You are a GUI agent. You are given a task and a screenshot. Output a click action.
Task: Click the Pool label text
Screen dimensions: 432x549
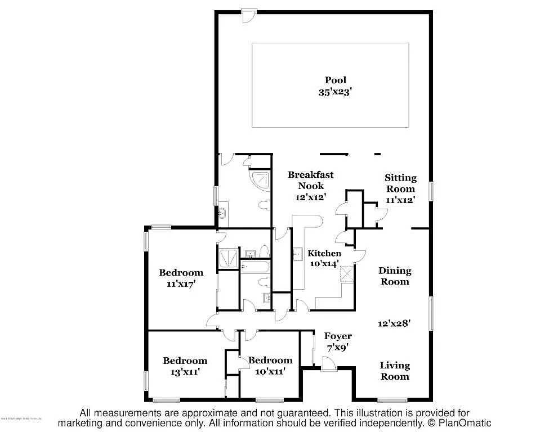pos(335,80)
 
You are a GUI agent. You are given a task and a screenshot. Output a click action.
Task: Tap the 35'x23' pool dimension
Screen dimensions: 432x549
pos(335,93)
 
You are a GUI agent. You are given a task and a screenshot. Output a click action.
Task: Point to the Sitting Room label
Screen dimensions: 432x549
pos(400,183)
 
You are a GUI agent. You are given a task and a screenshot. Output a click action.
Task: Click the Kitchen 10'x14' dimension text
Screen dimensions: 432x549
pos(324,263)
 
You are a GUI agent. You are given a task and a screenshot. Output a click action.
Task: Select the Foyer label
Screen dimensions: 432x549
pos(338,336)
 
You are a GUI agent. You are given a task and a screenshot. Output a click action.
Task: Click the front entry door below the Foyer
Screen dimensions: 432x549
pos(328,366)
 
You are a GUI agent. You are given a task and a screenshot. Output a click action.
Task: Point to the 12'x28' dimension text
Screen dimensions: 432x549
pos(394,323)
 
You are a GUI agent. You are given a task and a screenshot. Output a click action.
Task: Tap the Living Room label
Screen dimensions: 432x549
pos(394,371)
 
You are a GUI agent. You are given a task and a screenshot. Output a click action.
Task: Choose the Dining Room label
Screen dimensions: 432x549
pos(394,276)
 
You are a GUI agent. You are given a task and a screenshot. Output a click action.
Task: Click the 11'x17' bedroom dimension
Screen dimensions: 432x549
pos(181,284)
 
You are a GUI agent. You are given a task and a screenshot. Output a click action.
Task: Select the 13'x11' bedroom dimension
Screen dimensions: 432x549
pos(185,372)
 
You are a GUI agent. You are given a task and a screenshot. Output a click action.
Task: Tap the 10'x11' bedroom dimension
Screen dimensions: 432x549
pos(270,371)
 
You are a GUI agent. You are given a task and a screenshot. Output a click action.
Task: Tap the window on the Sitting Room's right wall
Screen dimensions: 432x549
pos(431,190)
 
